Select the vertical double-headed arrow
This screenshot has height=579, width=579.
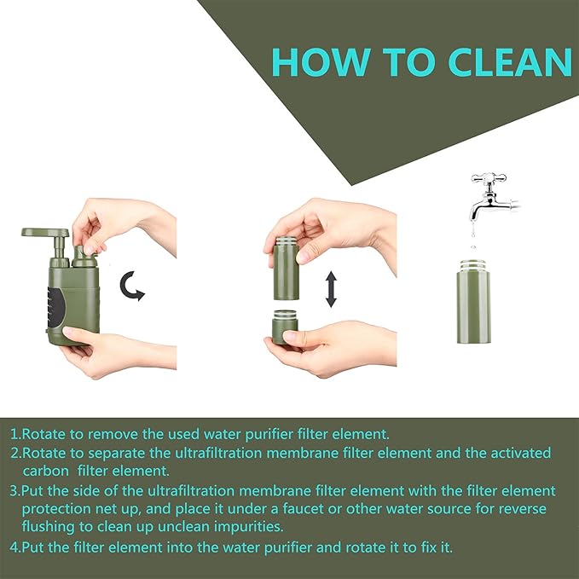pos(331,289)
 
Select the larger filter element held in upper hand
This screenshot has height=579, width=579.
pos(286,269)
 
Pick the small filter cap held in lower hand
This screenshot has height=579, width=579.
pos(284,327)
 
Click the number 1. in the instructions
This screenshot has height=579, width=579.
pos(15,433)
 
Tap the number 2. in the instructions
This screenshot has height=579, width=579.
pos(15,453)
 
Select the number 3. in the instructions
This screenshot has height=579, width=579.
pos(15,492)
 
